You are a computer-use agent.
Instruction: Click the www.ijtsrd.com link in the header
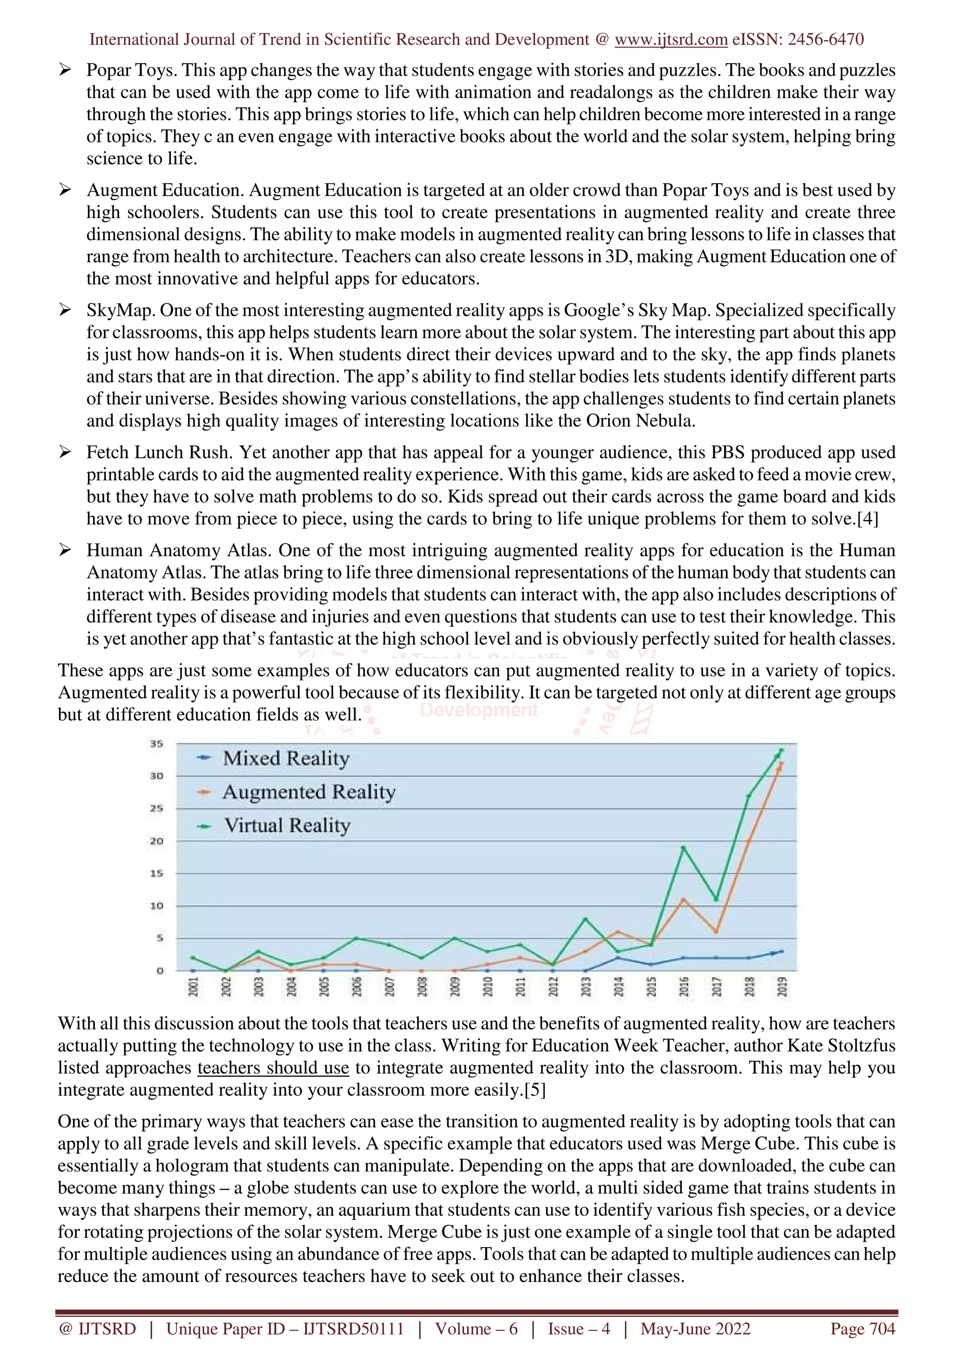point(671,40)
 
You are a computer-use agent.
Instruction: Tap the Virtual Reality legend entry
point(287,826)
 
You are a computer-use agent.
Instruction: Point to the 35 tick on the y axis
point(156,744)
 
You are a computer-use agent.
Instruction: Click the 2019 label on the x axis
point(782,987)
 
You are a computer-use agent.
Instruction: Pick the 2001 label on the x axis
point(193,987)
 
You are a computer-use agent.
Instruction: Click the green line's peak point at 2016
point(684,847)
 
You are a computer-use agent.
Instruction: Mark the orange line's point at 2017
point(716,931)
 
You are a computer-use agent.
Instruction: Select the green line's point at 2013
point(585,918)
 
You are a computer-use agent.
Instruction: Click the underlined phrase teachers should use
point(273,1068)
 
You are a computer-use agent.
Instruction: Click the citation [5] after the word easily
point(535,1090)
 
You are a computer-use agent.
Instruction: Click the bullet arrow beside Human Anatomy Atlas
point(65,550)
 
